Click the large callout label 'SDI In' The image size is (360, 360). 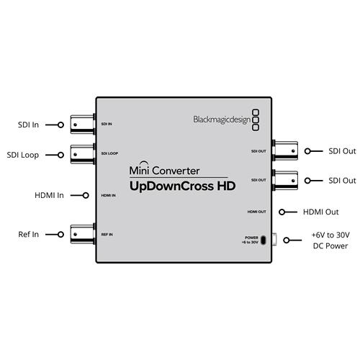click(x=28, y=125)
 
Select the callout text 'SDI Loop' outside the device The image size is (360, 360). click(x=23, y=155)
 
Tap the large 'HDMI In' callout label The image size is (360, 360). click(x=49, y=195)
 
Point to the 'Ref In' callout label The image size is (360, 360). click(x=29, y=234)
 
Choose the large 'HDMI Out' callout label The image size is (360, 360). click(x=321, y=212)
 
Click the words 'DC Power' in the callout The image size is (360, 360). click(x=330, y=246)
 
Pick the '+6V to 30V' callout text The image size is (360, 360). click(x=330, y=235)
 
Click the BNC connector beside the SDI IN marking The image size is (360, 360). click(x=83, y=125)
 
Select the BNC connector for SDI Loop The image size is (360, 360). click(x=83, y=154)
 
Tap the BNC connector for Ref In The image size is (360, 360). click(x=83, y=234)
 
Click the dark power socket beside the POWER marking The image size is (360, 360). click(x=264, y=240)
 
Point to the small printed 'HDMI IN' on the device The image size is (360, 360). click(x=108, y=196)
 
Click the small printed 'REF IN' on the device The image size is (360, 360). click(x=107, y=235)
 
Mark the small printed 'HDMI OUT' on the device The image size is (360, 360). click(x=257, y=212)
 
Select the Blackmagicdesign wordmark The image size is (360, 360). click(x=222, y=120)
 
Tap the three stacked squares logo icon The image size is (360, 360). click(x=256, y=120)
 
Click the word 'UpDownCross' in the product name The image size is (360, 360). click(x=171, y=186)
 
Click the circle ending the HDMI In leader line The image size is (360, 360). click(x=86, y=195)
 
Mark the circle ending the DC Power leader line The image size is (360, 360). click(x=287, y=240)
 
